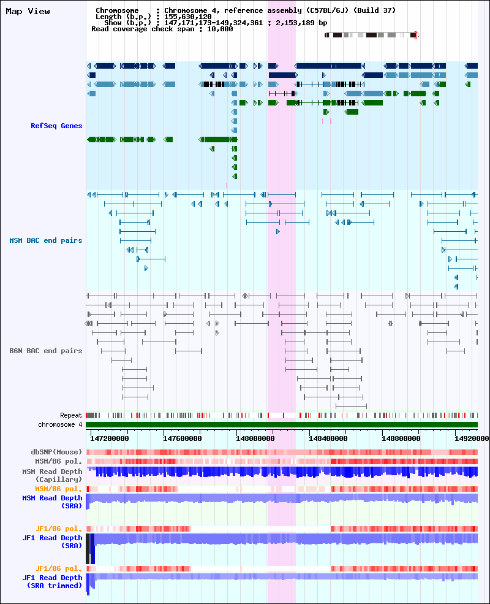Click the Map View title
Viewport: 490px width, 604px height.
pyautogui.click(x=28, y=12)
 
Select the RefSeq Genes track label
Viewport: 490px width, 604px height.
pyautogui.click(x=56, y=126)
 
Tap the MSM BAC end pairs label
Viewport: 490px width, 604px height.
pyautogui.click(x=46, y=240)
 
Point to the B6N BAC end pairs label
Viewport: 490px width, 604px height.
pyautogui.click(x=46, y=351)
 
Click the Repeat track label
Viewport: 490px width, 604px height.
pyautogui.click(x=71, y=416)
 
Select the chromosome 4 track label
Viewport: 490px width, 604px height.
pyautogui.click(x=60, y=424)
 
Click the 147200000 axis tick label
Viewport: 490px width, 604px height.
pyautogui.click(x=110, y=438)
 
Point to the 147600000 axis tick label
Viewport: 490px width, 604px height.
pyautogui.click(x=183, y=438)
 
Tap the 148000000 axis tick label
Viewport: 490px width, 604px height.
pyautogui.click(x=255, y=438)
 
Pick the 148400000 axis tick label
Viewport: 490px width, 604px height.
pyautogui.click(x=328, y=438)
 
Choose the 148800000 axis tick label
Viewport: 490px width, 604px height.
pyautogui.click(x=401, y=438)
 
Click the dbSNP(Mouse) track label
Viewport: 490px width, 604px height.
pyautogui.click(x=56, y=452)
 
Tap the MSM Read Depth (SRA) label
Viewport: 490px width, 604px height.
pyautogui.click(x=52, y=502)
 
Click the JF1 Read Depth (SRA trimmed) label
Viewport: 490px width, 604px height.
pyautogui.click(x=52, y=582)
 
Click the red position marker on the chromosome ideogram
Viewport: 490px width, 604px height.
pyautogui.click(x=415, y=36)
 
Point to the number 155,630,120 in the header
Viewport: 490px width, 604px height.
pyautogui.click(x=187, y=17)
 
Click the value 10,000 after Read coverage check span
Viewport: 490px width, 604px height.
pyautogui.click(x=220, y=29)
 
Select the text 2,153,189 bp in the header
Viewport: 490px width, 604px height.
pyautogui.click(x=301, y=23)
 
